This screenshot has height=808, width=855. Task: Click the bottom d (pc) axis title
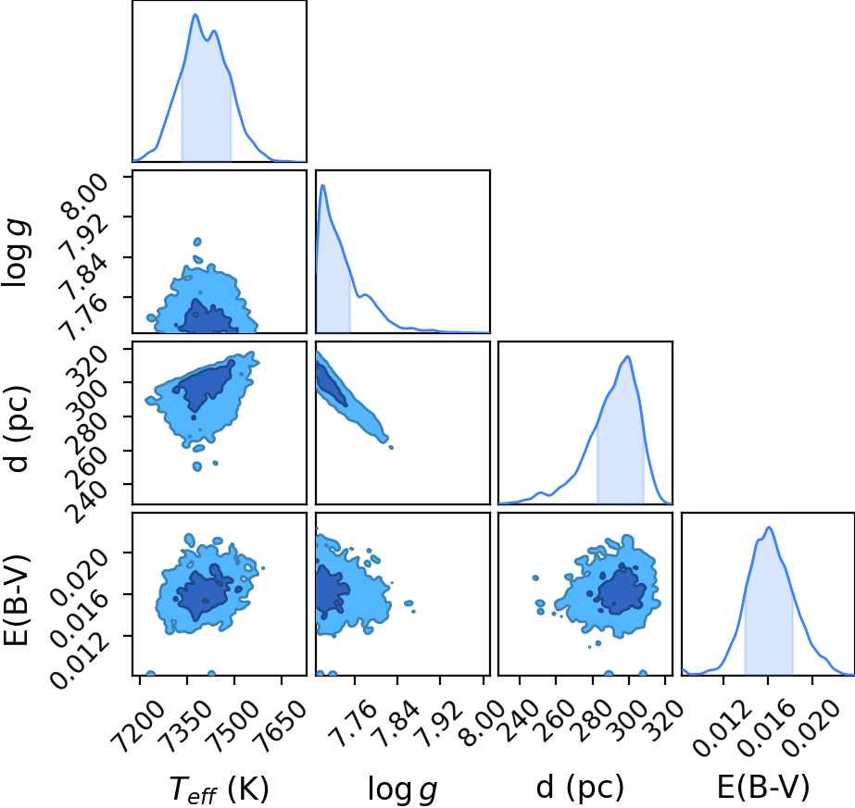coord(580,789)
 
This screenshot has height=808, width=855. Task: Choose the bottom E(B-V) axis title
coord(763,788)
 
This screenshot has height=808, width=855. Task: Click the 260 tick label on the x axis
coord(556,720)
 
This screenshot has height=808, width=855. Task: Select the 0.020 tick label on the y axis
coord(80,574)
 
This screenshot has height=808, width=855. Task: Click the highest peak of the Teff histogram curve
coord(195,14)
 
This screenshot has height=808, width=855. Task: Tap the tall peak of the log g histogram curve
coord(322,185)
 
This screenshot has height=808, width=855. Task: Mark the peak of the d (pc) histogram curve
coord(628,356)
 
